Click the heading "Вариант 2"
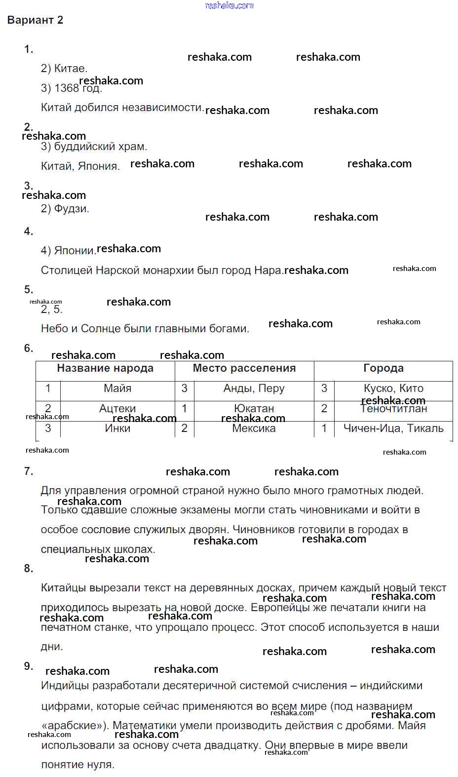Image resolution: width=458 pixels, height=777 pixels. tap(35, 20)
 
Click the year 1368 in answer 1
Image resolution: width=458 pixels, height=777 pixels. tap(67, 88)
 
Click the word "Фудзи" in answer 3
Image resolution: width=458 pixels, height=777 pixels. tap(71, 209)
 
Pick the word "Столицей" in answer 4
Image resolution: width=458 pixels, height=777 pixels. tap(67, 271)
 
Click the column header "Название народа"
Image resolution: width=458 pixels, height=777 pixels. tap(105, 368)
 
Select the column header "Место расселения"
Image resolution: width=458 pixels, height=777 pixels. tap(244, 368)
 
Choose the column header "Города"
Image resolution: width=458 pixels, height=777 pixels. tap(383, 368)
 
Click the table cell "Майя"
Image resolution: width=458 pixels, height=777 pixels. tap(117, 388)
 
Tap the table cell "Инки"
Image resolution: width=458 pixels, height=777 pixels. tap(117, 428)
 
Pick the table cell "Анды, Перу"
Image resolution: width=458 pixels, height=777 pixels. tap(254, 388)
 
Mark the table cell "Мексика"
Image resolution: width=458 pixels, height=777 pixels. tap(254, 428)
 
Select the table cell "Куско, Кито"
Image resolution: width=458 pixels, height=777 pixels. tap(393, 388)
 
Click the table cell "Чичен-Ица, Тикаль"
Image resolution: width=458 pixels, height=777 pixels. tap(393, 428)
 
